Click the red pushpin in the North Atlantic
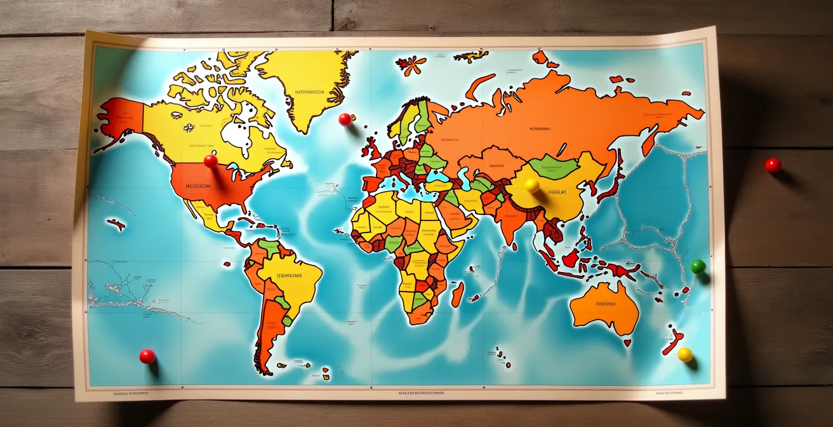click(x=345, y=119)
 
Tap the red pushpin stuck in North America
click(x=210, y=161)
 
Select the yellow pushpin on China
click(x=532, y=185)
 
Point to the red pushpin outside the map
click(x=773, y=165)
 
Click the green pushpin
click(x=698, y=266)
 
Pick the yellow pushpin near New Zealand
click(x=685, y=355)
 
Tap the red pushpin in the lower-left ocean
click(x=147, y=356)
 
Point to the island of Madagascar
click(x=458, y=294)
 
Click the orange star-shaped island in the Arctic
click(x=411, y=64)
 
